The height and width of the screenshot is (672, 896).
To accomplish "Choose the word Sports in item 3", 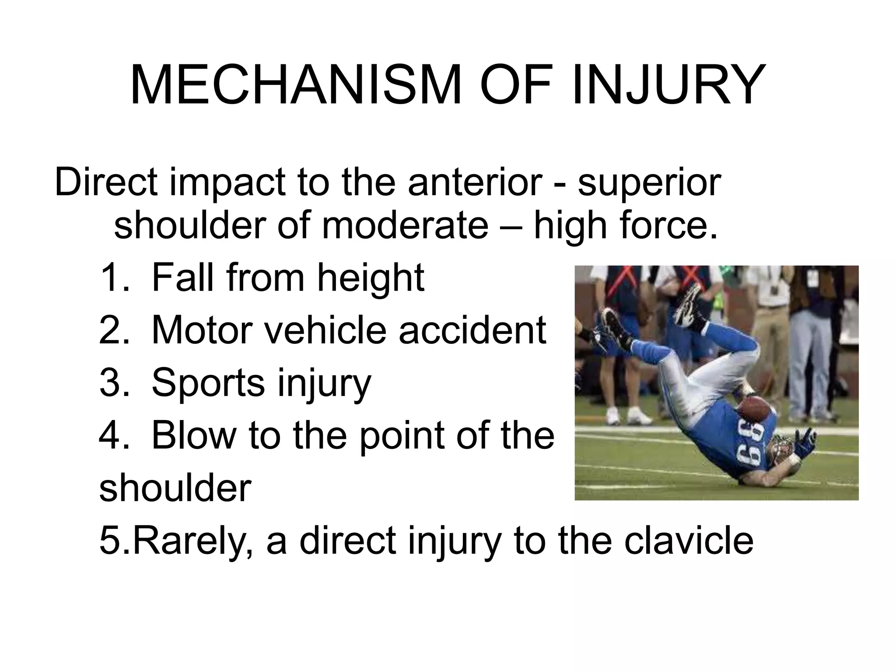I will [x=208, y=382].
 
